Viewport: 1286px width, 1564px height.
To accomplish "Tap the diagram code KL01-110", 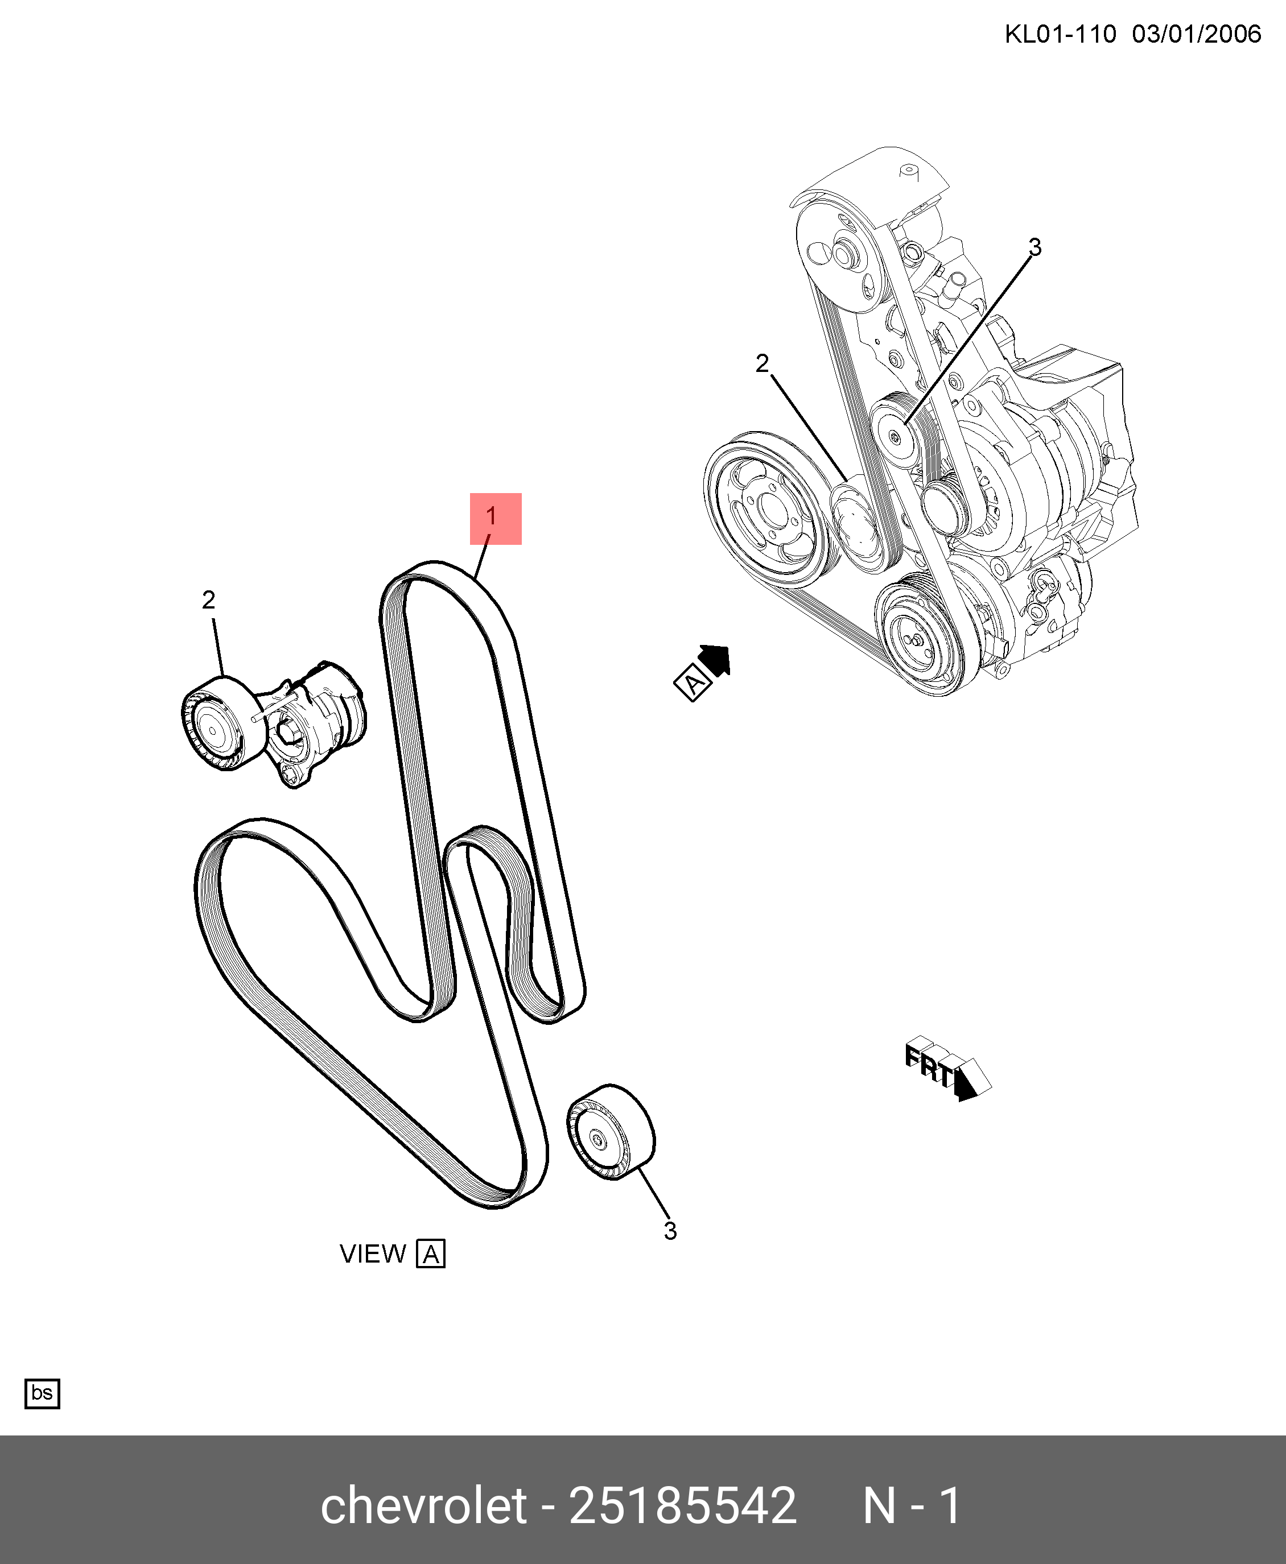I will pyautogui.click(x=1060, y=35).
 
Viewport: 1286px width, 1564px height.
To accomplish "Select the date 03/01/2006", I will pyautogui.click(x=1196, y=35).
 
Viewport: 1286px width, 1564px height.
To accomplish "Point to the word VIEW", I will pyautogui.click(x=373, y=1253).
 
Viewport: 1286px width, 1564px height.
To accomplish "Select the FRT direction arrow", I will pyautogui.click(x=947, y=1069).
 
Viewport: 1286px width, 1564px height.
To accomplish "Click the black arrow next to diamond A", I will pyautogui.click(x=716, y=659).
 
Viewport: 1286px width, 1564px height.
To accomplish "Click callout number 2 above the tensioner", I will pyautogui.click(x=208, y=600).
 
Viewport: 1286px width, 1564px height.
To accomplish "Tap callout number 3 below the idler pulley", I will pyautogui.click(x=670, y=1231).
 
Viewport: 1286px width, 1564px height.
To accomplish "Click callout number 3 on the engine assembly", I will pyautogui.click(x=1035, y=247).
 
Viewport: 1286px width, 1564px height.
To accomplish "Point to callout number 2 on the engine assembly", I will pyautogui.click(x=762, y=363).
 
